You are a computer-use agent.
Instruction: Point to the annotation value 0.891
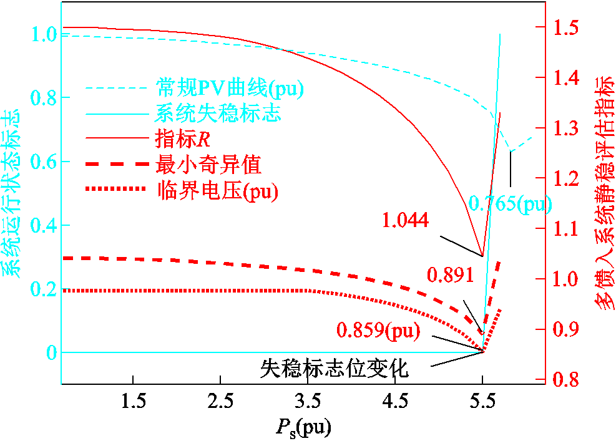(449, 274)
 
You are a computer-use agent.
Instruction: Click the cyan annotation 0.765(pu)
(510, 203)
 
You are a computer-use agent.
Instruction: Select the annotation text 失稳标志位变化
(335, 369)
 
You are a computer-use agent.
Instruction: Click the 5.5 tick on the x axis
(482, 400)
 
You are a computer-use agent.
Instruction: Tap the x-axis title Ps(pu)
(304, 427)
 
